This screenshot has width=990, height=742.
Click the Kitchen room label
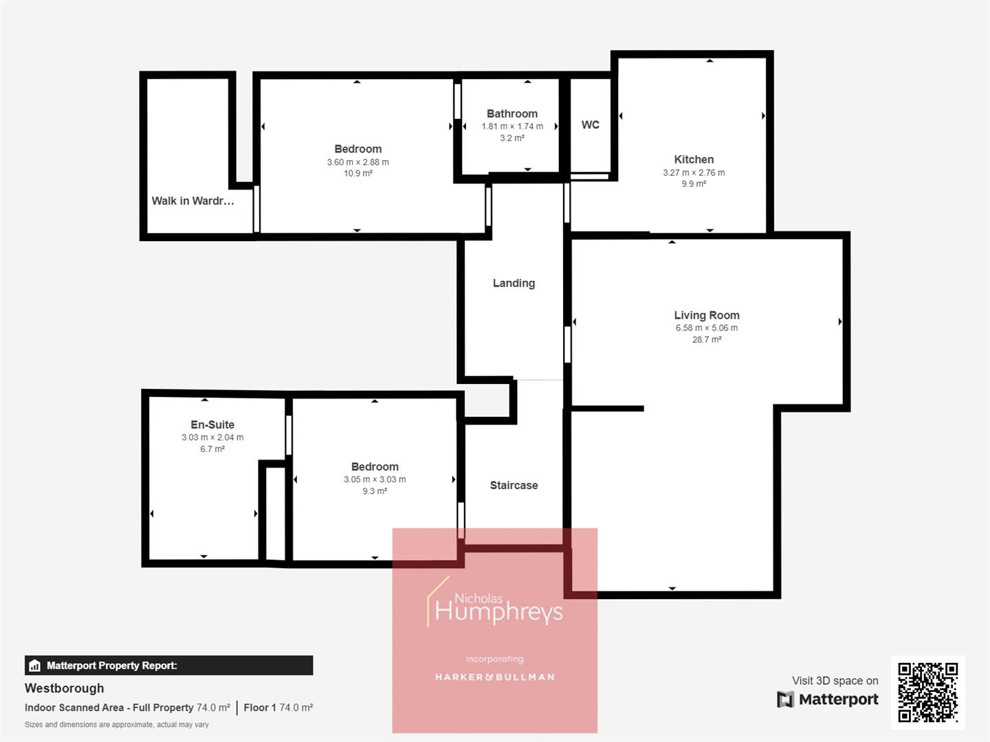[x=694, y=159]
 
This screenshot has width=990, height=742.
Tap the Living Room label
[x=707, y=315]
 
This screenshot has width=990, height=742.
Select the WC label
[x=590, y=125]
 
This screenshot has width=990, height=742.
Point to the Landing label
[x=514, y=283]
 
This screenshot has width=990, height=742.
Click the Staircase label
[x=514, y=485]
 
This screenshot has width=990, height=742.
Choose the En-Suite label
[x=212, y=425]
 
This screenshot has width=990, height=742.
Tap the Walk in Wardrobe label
[x=192, y=201]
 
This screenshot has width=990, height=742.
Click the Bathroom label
[x=512, y=114]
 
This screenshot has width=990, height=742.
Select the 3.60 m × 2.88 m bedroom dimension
[x=357, y=162]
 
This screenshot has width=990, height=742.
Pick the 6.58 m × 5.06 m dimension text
[x=707, y=328]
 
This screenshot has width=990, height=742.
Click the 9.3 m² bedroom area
[x=375, y=491]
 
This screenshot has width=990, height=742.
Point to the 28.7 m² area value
[x=707, y=339]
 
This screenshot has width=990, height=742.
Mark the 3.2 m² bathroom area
[x=512, y=138]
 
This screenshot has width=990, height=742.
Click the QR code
[x=927, y=693]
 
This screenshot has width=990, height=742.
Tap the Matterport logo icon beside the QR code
[x=785, y=699]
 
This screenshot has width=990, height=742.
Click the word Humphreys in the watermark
[x=498, y=611]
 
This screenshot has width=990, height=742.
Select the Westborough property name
[x=65, y=688]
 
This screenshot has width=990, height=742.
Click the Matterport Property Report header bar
[x=168, y=665]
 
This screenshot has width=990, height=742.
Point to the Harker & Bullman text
[x=494, y=677]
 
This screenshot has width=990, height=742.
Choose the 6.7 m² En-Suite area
[x=212, y=449]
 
